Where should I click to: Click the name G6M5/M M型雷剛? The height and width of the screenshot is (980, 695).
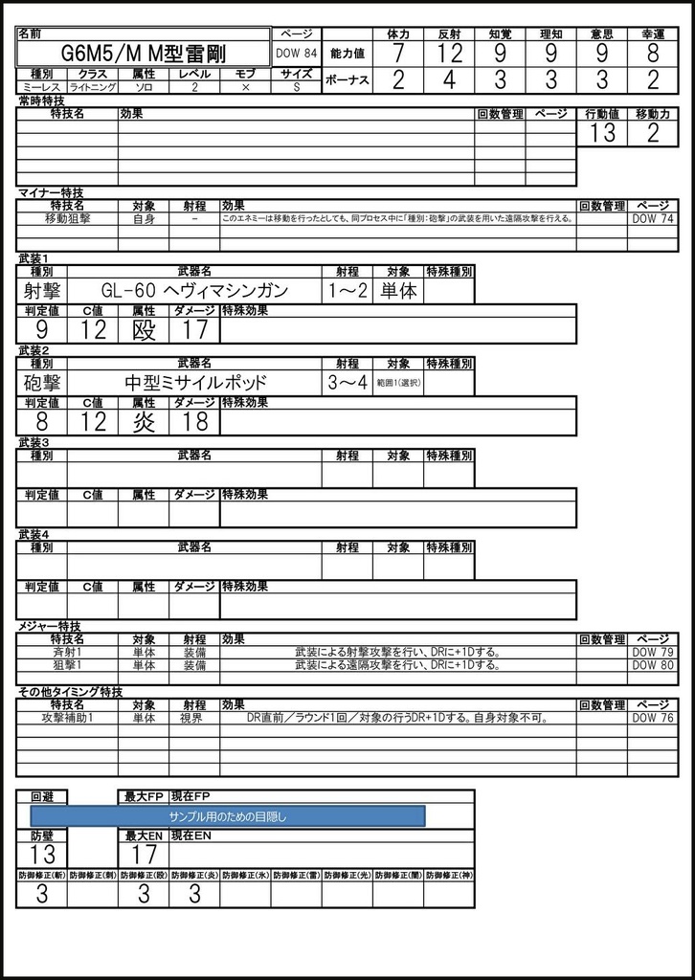click(150, 55)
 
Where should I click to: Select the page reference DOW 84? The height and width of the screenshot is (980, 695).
click(296, 55)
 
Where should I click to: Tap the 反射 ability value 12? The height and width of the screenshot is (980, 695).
click(448, 54)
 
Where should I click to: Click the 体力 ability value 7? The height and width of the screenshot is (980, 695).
click(397, 54)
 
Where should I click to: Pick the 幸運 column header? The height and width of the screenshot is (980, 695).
click(653, 33)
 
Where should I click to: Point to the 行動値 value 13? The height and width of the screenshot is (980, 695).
click(602, 133)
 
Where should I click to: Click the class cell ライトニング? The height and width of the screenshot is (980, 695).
click(93, 87)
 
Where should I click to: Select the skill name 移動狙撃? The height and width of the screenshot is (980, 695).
click(67, 218)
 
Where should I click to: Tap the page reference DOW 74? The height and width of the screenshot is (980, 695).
click(653, 218)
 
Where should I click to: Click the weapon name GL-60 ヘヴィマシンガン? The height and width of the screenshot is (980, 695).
click(194, 291)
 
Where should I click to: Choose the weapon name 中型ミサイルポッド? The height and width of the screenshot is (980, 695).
click(194, 383)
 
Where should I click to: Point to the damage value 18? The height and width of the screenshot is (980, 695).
click(194, 422)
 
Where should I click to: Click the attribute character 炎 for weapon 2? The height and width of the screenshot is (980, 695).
click(144, 422)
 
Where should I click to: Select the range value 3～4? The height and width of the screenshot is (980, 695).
click(347, 383)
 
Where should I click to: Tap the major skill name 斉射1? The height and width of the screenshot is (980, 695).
click(67, 652)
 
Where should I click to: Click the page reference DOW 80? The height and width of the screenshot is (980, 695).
click(653, 665)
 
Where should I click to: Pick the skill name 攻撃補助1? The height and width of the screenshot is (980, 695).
click(67, 718)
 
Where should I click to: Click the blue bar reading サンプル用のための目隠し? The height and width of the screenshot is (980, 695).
click(228, 816)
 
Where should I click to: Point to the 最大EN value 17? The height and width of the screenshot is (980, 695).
click(144, 855)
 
